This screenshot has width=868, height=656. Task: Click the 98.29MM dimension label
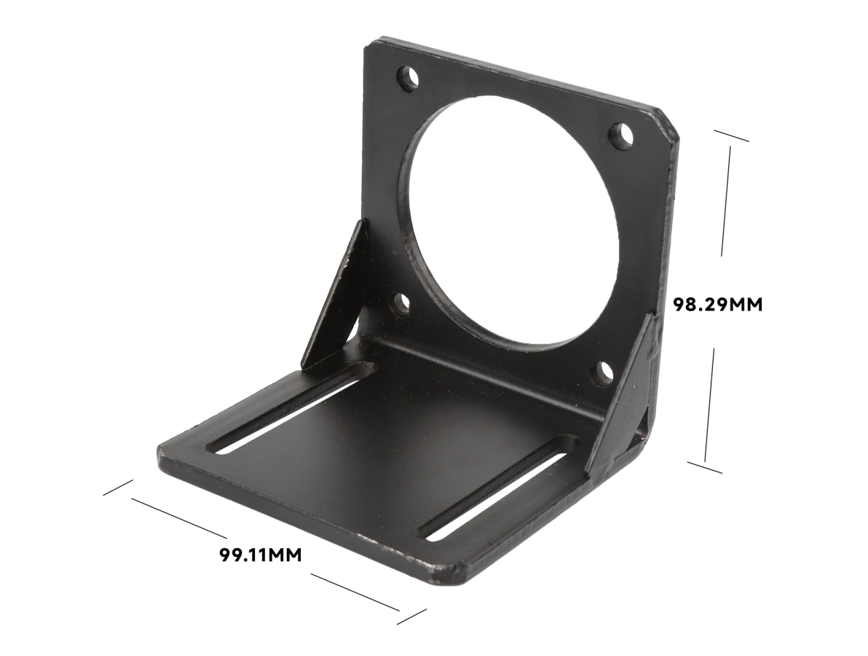click(x=717, y=304)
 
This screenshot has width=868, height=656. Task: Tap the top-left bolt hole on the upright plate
click(x=409, y=79)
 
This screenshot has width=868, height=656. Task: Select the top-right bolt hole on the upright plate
click(x=621, y=136)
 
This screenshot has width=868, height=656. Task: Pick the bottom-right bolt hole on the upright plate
click(x=606, y=372)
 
